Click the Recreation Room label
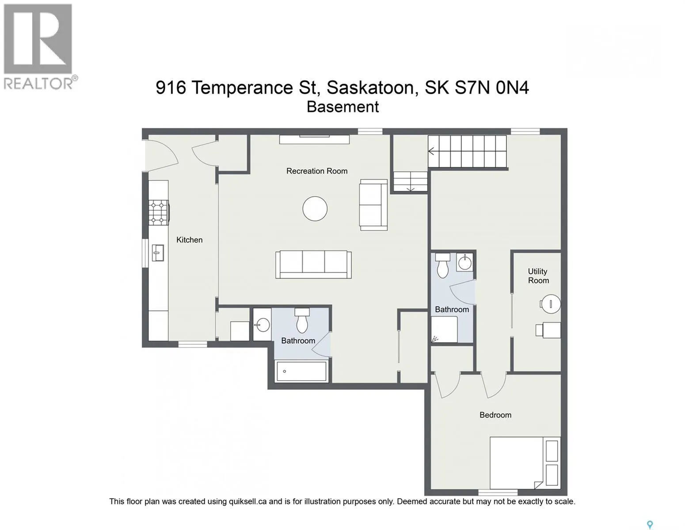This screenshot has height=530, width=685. (x=317, y=171)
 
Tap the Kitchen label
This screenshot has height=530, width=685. (x=189, y=240)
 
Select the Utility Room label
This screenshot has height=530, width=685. (x=538, y=276)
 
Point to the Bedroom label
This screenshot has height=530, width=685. (x=495, y=415)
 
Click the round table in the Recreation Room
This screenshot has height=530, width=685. (x=315, y=208)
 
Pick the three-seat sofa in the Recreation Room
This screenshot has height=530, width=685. (x=313, y=265)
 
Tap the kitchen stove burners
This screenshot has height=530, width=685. (x=159, y=213)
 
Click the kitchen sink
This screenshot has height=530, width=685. (x=158, y=253)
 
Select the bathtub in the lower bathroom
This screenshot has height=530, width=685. (x=301, y=371)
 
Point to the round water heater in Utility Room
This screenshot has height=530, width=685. (x=550, y=304)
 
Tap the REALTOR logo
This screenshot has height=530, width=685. (x=38, y=47)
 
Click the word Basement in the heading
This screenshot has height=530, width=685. (x=342, y=107)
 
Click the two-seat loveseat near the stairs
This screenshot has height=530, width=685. (x=373, y=204)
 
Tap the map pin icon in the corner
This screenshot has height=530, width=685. (x=650, y=516)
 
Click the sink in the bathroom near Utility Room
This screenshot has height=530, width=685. (x=464, y=262)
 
